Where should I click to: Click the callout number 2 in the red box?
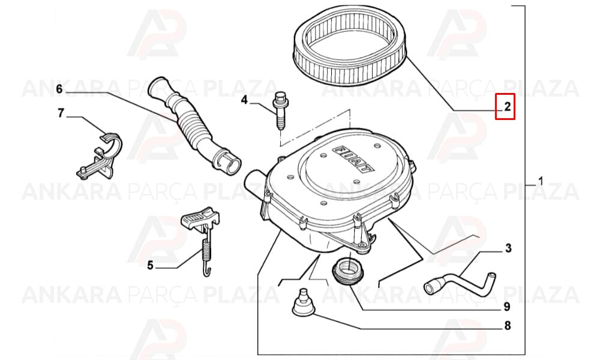(507, 106)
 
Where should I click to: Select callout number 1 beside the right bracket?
(541, 181)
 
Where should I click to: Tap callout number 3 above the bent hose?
(508, 248)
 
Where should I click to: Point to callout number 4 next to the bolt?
(245, 101)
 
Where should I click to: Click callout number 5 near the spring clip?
(151, 265)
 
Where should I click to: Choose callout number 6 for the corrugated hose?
(59, 89)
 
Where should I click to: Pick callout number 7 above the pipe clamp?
(61, 113)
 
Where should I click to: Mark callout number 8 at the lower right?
(508, 326)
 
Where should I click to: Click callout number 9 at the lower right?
(507, 307)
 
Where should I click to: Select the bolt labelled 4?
(280, 110)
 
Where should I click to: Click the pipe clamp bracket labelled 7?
(100, 155)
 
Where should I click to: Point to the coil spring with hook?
(206, 252)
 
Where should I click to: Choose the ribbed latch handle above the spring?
(199, 219)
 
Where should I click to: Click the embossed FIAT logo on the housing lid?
(355, 158)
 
